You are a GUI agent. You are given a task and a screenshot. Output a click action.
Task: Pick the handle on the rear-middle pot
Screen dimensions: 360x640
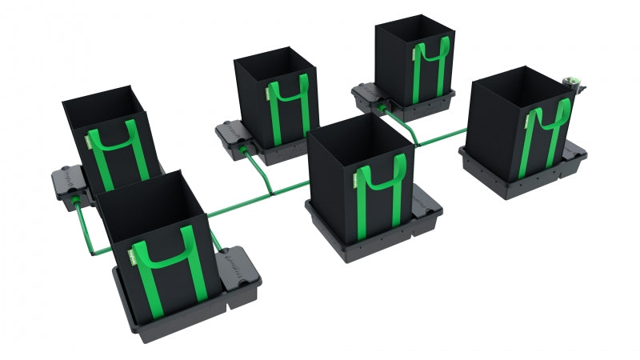click(290, 95)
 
